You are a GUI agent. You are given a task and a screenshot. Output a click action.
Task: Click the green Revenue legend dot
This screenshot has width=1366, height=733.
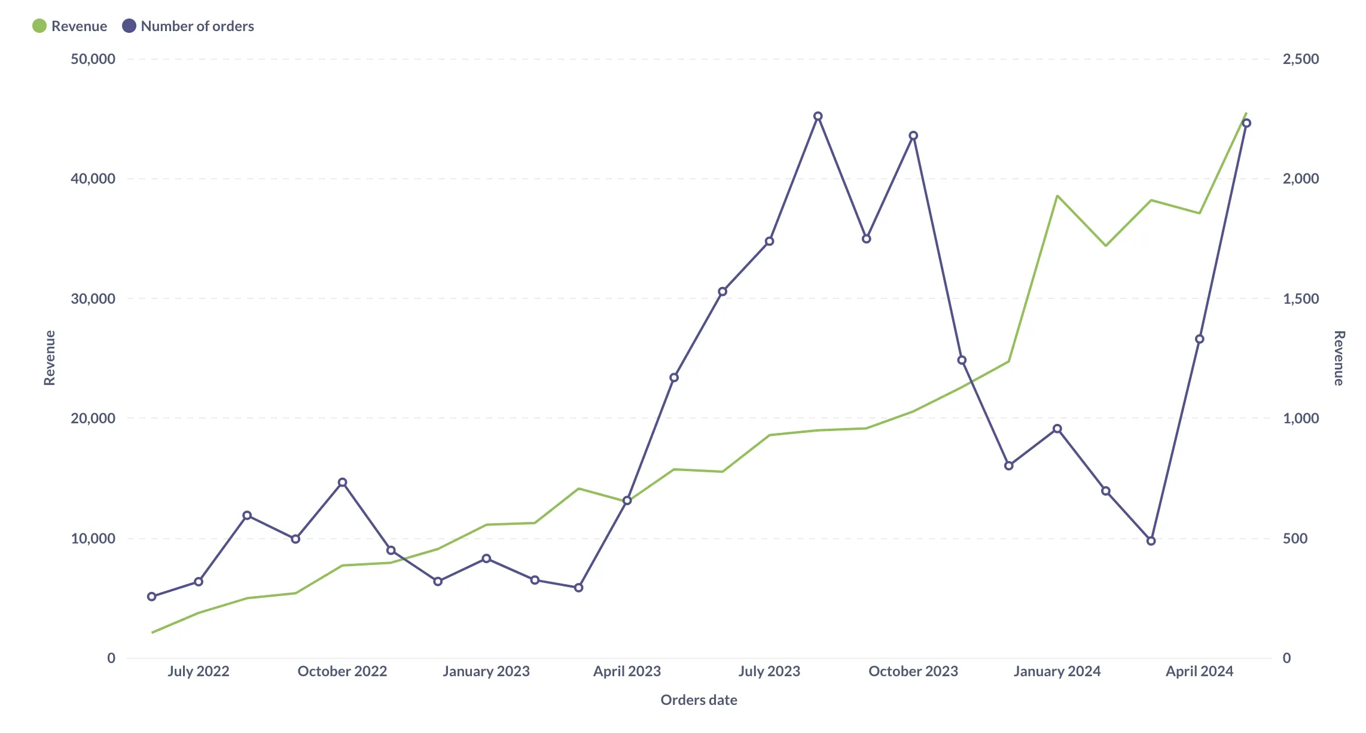39,26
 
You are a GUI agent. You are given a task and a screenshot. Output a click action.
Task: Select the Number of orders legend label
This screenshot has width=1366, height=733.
197,26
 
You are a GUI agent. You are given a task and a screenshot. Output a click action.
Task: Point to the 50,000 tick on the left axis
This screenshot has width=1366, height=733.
93,59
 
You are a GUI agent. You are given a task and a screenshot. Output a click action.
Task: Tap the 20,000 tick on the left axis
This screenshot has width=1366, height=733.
93,419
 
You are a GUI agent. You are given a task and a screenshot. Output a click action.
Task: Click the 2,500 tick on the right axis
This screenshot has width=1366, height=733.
1301,59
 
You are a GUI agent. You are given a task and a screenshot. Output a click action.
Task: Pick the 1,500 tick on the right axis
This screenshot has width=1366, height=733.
1301,299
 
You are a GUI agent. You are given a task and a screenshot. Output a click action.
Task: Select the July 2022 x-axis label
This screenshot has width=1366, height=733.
199,671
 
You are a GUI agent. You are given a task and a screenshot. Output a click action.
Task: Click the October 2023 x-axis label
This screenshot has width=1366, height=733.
913,671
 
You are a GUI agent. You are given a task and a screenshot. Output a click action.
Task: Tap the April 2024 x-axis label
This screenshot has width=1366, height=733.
1199,671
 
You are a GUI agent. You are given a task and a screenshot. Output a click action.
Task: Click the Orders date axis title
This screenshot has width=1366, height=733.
699,700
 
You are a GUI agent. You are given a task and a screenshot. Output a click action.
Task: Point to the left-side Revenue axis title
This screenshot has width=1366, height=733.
50,358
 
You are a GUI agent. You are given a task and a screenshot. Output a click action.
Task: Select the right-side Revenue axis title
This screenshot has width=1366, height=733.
1339,358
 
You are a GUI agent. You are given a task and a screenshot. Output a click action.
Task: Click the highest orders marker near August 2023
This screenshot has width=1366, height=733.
818,117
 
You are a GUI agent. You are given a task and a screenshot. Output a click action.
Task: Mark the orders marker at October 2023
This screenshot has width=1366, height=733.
913,136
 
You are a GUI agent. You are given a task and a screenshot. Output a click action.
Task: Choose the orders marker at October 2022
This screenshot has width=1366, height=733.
343,482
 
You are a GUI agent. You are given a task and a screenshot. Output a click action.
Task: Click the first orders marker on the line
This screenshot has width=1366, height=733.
152,597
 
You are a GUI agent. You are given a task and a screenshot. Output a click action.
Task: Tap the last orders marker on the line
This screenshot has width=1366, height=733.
1247,123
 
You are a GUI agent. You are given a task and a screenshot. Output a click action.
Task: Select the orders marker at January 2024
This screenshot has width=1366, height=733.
1057,429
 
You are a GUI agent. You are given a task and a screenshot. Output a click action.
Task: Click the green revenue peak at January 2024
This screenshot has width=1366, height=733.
1057,196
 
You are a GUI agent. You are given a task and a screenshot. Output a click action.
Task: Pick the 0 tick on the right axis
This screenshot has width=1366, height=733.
1287,658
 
